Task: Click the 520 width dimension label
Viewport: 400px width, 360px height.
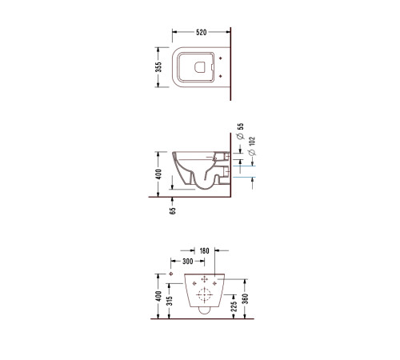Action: [x=202, y=32]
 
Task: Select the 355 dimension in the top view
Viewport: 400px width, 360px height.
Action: [x=158, y=67]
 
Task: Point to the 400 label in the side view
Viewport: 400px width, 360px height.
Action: [x=158, y=174]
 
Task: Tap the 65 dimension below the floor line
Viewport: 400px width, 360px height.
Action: [x=173, y=210]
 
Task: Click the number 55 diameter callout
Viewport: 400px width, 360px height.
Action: [x=240, y=126]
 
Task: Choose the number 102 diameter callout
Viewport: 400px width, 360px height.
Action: [x=252, y=142]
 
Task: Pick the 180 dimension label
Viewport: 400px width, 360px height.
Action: [x=204, y=251]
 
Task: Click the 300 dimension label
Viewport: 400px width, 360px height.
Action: [x=188, y=262]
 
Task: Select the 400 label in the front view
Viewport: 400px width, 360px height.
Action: [x=158, y=296]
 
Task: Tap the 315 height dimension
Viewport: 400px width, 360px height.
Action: [x=170, y=301]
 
